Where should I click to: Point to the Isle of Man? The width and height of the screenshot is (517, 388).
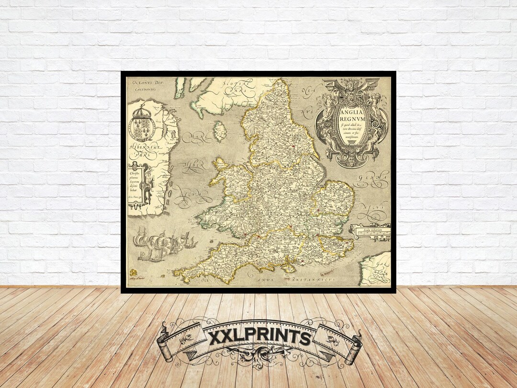click(x=220, y=130)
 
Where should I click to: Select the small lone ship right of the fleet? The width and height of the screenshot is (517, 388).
click(x=191, y=241)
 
